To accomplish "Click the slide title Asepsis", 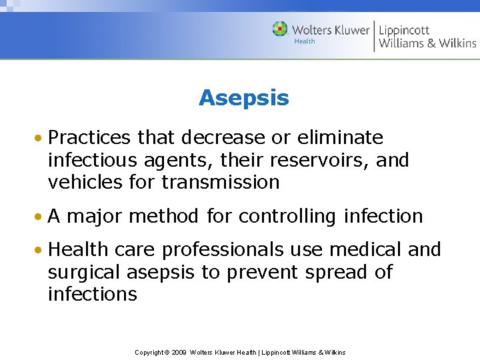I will coord(243,98).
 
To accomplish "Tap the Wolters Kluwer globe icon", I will coord(280,29).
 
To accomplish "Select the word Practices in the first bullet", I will coord(91,138).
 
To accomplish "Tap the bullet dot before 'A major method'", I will coord(41,217).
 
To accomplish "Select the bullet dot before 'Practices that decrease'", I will coord(41,139).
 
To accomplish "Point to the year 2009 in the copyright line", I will coord(178,352).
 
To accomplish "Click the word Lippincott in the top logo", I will coord(404,30).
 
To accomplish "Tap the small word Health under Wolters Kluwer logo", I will coord(305,41).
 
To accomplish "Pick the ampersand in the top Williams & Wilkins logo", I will coord(431,43).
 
